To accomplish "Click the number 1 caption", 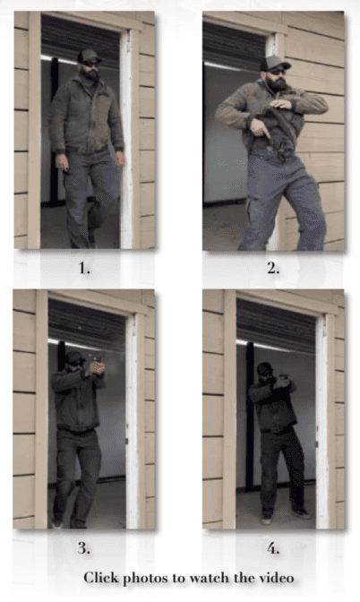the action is coord(84,268).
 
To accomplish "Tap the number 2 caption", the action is coord(273,269).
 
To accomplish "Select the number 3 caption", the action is coord(84,548).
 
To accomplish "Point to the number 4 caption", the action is coord(273,548).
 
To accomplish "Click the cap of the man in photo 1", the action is coord(89,56).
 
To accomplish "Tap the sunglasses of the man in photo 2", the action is coord(278,72).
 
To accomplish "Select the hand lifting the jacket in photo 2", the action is coord(281,103).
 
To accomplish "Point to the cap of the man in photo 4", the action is coord(264,368).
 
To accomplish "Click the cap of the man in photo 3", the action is coord(74,357).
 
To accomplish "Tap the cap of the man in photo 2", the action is coord(275,62).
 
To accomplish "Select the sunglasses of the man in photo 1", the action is coord(91,64).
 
